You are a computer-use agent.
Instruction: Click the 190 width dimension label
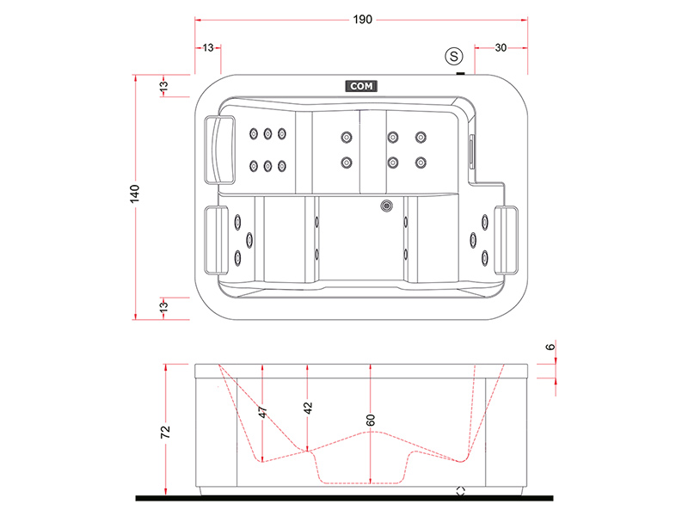click(x=361, y=21)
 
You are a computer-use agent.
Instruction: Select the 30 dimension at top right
click(x=501, y=48)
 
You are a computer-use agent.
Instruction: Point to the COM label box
click(x=360, y=86)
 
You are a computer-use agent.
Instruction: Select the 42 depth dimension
click(x=308, y=408)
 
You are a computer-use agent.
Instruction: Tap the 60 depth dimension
click(x=371, y=421)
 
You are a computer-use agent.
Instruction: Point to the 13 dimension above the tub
click(x=207, y=48)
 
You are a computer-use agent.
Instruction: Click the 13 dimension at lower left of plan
click(x=163, y=306)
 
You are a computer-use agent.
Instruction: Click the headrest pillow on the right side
click(x=508, y=237)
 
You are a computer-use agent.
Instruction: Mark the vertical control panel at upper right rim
click(x=470, y=152)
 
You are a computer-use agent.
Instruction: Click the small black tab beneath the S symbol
click(x=462, y=73)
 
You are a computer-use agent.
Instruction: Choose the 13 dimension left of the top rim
click(x=163, y=85)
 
